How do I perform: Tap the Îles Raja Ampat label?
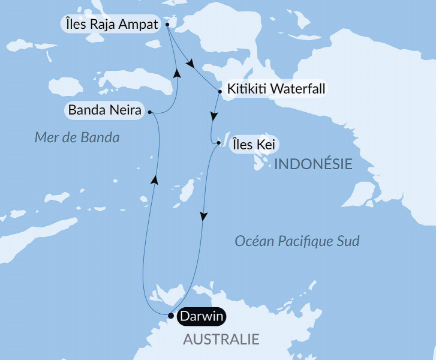click(x=110, y=25)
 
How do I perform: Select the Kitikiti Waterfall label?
click(x=276, y=89)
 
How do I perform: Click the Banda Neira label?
click(x=105, y=110)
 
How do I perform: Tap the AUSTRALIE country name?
click(x=221, y=340)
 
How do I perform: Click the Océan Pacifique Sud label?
click(x=297, y=241)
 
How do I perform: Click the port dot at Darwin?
click(x=171, y=316)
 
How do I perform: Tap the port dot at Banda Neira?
click(x=149, y=112)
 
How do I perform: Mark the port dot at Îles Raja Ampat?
click(x=167, y=25)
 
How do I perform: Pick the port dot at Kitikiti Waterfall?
click(x=221, y=91)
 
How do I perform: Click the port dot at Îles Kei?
click(x=218, y=143)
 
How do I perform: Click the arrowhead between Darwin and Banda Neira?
click(x=155, y=179)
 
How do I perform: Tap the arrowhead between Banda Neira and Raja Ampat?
click(x=177, y=72)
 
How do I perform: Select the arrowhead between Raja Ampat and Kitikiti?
click(x=191, y=63)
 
